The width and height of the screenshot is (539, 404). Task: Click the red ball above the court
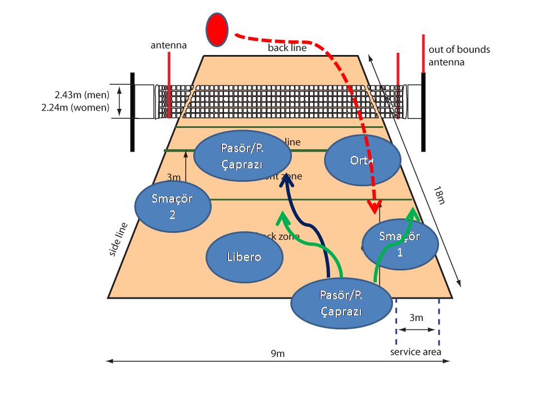click(x=217, y=30)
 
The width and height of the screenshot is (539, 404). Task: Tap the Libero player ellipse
click(x=244, y=258)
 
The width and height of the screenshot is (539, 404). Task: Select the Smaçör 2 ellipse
click(x=173, y=206)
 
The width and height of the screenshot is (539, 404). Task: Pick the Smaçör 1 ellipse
click(x=400, y=244)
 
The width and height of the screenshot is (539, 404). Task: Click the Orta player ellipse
click(x=363, y=160)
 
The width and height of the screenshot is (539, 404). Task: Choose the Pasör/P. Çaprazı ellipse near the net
click(x=243, y=157)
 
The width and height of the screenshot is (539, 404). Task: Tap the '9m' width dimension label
click(x=278, y=353)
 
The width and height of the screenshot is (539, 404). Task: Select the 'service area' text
click(x=416, y=352)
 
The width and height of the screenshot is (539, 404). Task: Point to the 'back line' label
click(x=287, y=48)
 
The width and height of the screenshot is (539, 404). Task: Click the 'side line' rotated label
click(x=119, y=240)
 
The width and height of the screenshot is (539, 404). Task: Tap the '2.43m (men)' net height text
click(x=82, y=95)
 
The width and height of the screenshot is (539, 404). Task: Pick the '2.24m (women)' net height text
click(x=75, y=107)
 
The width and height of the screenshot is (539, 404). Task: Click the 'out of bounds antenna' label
click(x=459, y=56)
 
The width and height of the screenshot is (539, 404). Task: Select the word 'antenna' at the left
click(x=168, y=45)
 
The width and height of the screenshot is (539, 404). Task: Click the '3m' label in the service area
click(x=416, y=318)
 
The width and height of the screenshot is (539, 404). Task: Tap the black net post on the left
click(x=133, y=112)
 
